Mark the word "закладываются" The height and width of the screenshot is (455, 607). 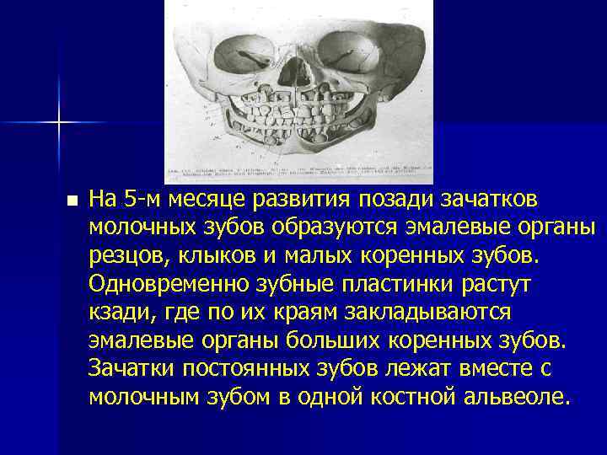point(429,310)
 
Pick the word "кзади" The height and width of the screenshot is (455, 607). point(116,310)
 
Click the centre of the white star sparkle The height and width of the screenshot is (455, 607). point(59,123)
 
